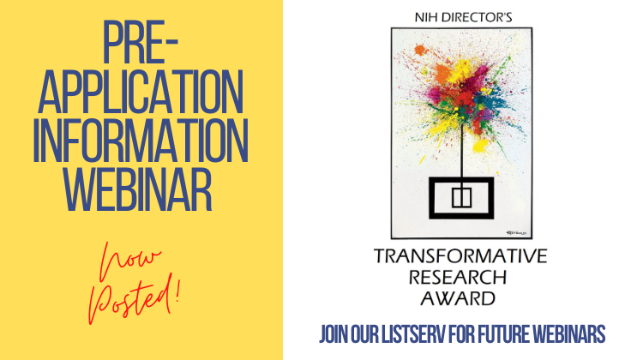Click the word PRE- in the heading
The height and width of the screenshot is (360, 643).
coord(140,43)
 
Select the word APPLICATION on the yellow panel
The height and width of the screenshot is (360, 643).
coord(141,92)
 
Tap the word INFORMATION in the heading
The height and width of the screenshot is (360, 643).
coord(141,141)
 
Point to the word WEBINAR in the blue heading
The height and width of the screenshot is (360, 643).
coord(138,189)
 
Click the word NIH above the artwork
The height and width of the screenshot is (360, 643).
coord(425,18)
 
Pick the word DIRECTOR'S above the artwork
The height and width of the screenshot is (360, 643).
coord(476,18)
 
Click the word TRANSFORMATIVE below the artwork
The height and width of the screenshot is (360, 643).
coord(460,255)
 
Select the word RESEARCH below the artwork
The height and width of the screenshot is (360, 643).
coord(458,278)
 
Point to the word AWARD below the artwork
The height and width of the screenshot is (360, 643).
coord(458,298)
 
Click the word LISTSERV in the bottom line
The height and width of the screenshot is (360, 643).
coord(413,334)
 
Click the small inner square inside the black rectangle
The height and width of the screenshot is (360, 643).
coord(461,197)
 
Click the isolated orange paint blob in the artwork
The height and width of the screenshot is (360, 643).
coord(420,50)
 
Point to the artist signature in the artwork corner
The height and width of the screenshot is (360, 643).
coord(519,233)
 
